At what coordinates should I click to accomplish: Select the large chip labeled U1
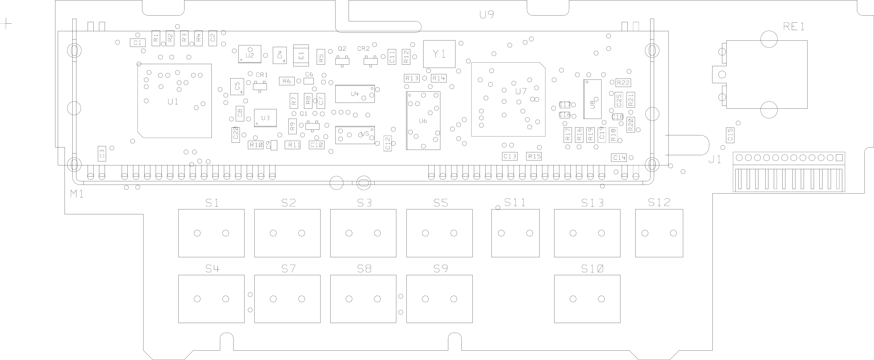click(x=174, y=101)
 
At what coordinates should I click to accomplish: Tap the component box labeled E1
click(x=301, y=56)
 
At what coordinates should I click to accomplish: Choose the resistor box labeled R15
click(x=534, y=156)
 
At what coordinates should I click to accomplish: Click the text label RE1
click(x=793, y=26)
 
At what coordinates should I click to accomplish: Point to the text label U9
click(x=487, y=15)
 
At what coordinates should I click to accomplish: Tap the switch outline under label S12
click(x=659, y=233)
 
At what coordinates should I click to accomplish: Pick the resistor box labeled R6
click(x=287, y=81)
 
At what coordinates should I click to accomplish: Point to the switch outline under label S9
click(x=439, y=299)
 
